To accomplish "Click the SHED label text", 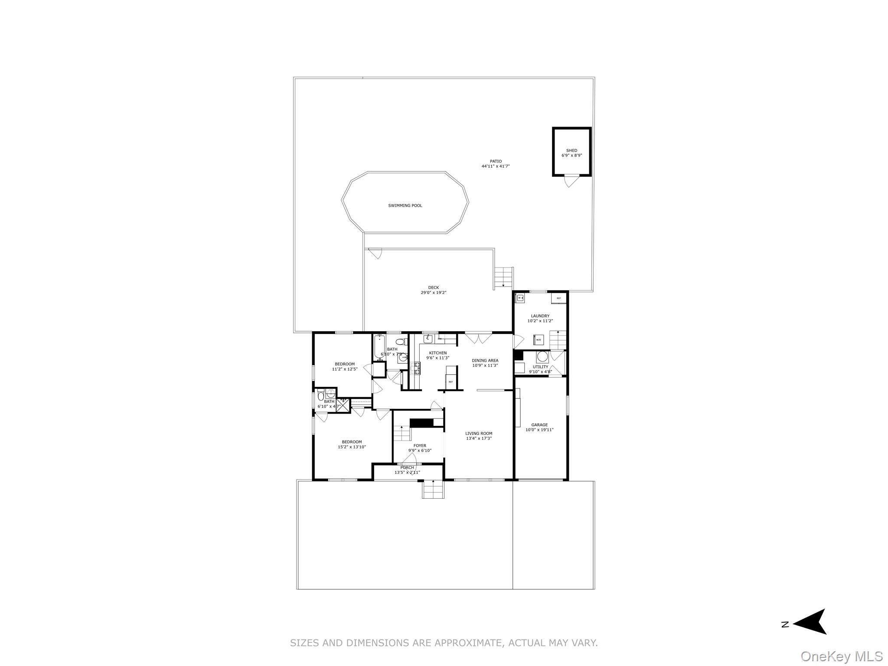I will click(571, 150).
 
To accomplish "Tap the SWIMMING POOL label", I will click(405, 206).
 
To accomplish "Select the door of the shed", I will click(571, 180).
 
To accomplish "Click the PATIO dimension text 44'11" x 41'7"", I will click(496, 166).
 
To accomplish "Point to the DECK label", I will click(434, 287).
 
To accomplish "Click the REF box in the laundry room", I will click(558, 298).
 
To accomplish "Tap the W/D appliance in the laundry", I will click(539, 340).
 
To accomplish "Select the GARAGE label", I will click(539, 425).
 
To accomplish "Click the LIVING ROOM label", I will click(479, 433).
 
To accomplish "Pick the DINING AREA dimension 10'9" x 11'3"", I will click(485, 365).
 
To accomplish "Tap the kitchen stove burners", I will click(418, 369).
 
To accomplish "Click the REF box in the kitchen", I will click(451, 382).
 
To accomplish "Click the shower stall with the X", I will click(343, 405).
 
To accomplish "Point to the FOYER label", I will click(420, 445).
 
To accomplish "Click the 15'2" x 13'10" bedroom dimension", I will click(352, 447).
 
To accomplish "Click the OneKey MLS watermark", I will click(841, 656).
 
